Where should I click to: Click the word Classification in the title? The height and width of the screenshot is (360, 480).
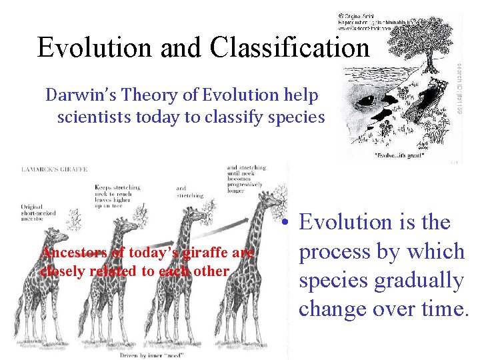289,48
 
